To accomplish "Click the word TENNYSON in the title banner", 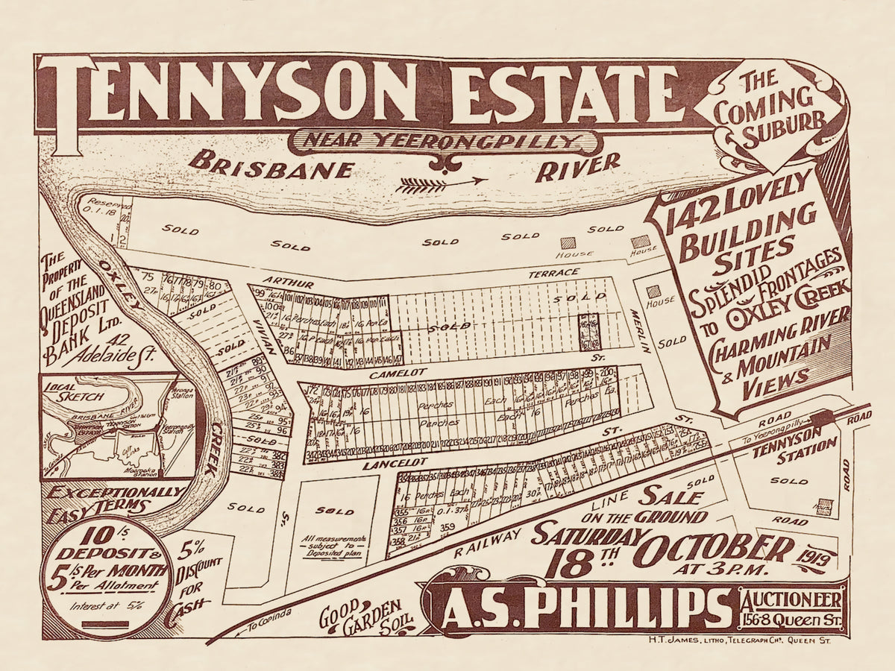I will click(231, 92).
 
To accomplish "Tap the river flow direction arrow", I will click(442, 183).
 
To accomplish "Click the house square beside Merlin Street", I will click(653, 292).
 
